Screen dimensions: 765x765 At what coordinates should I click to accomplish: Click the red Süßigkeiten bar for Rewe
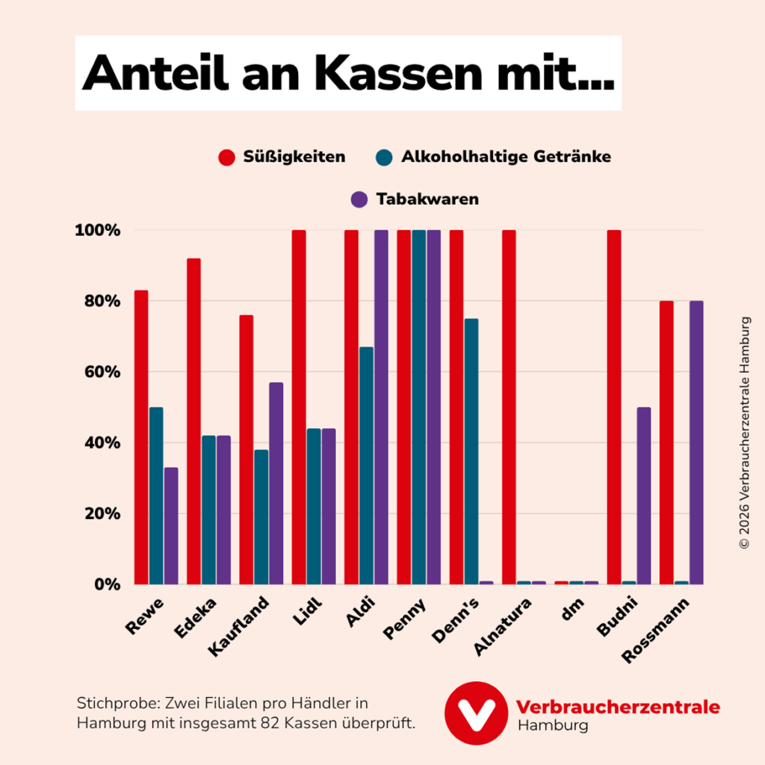[141, 437]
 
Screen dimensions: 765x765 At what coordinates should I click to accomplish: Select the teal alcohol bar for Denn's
[471, 451]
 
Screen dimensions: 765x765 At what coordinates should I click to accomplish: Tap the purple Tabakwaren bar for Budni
[644, 496]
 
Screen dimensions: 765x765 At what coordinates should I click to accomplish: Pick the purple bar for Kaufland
[276, 483]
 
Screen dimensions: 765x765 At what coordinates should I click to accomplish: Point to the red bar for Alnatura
[509, 407]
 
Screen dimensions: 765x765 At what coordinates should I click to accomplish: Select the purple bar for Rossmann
[696, 442]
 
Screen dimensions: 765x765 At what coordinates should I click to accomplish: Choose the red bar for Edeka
[193, 421]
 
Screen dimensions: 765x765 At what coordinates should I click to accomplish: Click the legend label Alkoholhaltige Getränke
[506, 157]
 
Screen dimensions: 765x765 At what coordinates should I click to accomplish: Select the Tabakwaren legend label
[427, 199]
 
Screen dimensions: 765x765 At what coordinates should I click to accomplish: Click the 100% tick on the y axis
[97, 230]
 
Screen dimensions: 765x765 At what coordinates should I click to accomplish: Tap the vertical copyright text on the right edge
[744, 433]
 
